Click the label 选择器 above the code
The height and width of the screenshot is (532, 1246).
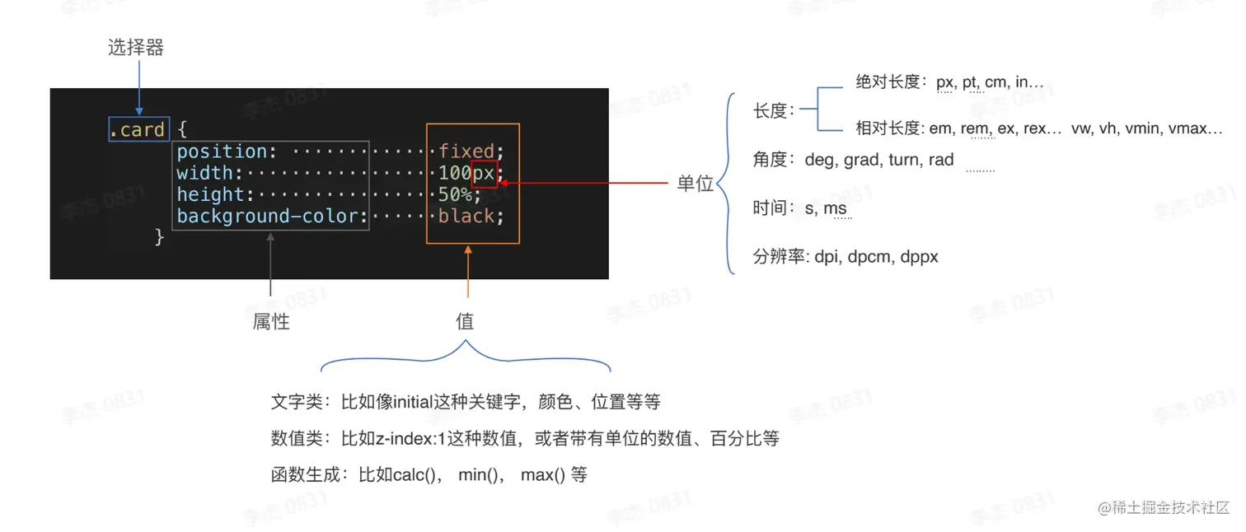pos(136,48)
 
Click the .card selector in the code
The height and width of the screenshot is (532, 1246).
pos(138,129)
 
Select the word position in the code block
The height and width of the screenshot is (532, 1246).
pos(222,152)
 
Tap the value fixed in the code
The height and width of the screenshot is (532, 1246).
pos(466,152)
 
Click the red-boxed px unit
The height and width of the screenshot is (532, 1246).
pos(484,174)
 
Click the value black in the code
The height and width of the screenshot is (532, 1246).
pos(466,217)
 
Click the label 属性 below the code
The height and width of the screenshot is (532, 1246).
pos(271,322)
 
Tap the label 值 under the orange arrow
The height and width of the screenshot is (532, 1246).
pos(465,322)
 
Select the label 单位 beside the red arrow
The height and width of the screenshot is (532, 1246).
pos(695,184)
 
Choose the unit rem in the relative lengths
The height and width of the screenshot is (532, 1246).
pos(975,128)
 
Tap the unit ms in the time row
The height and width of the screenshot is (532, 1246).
pos(835,208)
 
